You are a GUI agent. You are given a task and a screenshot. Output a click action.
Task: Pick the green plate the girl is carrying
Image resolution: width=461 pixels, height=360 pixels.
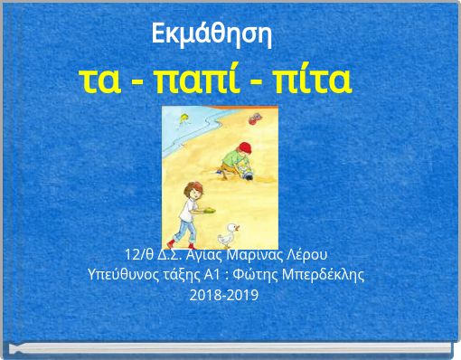tap(209, 211)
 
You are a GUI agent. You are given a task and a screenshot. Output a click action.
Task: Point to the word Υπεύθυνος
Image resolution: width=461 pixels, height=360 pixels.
tap(125, 273)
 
